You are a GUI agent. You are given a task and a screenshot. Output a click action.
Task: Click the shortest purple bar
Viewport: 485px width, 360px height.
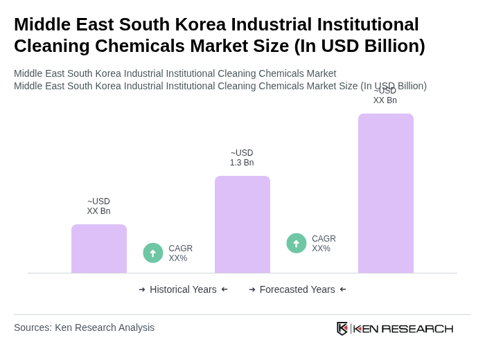(99, 249)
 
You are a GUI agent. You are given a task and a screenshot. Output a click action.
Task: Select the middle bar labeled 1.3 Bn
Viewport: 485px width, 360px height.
(242, 224)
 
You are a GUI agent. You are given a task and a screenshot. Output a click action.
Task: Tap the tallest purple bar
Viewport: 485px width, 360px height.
(386, 193)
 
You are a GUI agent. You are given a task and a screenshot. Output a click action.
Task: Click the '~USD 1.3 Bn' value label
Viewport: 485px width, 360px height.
(242, 158)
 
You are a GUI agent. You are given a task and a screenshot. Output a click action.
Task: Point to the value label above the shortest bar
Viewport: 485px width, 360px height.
(98, 206)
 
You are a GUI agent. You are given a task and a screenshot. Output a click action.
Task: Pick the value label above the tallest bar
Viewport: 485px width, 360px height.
(385, 96)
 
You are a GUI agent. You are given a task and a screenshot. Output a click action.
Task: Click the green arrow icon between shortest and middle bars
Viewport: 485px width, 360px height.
(153, 253)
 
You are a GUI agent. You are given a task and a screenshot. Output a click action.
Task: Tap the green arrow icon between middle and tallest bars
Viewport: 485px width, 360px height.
(297, 243)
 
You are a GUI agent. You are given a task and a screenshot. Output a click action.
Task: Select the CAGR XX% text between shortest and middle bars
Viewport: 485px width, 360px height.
(181, 253)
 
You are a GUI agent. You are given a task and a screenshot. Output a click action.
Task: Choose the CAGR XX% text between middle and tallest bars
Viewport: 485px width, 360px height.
(324, 244)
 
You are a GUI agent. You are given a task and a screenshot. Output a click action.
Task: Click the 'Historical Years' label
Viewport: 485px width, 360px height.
(183, 289)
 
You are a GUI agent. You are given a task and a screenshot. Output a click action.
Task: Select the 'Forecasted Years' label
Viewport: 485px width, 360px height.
(297, 289)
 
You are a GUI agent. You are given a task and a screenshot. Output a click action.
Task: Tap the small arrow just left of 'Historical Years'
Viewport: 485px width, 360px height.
(142, 289)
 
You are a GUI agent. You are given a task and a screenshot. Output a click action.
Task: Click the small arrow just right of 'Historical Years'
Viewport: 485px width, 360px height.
(224, 289)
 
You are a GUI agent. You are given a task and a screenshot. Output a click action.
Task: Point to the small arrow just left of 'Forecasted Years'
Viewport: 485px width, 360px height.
(252, 289)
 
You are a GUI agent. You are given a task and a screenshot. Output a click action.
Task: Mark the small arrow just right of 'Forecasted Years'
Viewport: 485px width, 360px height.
(343, 289)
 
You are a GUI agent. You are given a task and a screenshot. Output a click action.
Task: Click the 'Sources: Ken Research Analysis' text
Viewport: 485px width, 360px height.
(84, 327)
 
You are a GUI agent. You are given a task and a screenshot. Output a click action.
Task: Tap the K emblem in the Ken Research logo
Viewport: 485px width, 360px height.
(342, 328)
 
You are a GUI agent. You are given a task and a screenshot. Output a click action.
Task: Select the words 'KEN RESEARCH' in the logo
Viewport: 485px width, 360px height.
(403, 329)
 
